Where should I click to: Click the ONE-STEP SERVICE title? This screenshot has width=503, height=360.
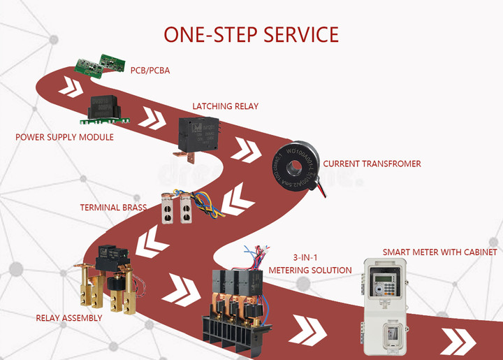coord(251,34)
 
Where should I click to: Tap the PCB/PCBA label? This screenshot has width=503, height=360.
coord(150,71)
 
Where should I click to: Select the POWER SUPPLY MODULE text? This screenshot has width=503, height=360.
coord(64,137)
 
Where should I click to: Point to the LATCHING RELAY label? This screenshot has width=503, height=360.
coord(226,106)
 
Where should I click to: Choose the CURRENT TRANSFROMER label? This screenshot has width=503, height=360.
coord(372,164)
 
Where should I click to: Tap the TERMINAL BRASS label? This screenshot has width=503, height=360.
coord(113,208)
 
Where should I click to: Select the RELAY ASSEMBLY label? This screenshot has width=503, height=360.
coord(69,318)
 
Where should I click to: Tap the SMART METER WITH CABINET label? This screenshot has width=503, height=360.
coord(439,252)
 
